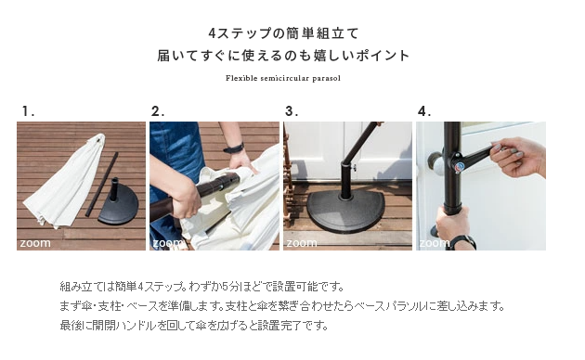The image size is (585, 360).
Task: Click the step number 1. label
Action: pyautogui.click(x=28, y=111)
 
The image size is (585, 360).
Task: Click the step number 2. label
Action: pyautogui.click(x=158, y=111)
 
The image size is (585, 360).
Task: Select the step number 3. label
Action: pyautogui.click(x=292, y=111)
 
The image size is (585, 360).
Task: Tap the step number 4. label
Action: pyautogui.click(x=424, y=111)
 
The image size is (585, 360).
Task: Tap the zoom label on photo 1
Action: pyautogui.click(x=35, y=243)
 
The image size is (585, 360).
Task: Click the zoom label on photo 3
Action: pyautogui.click(x=302, y=243)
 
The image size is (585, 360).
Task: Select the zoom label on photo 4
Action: pyautogui.click(x=435, y=243)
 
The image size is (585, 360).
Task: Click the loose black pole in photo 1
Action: pyautogui.click(x=101, y=185)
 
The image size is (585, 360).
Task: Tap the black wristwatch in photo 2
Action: pyautogui.click(x=234, y=148)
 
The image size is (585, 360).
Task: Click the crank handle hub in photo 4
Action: pyautogui.click(x=458, y=166)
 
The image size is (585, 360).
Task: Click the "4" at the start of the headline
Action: pyautogui.click(x=212, y=33)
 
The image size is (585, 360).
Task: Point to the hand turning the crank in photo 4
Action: pyautogui.click(x=516, y=157)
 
